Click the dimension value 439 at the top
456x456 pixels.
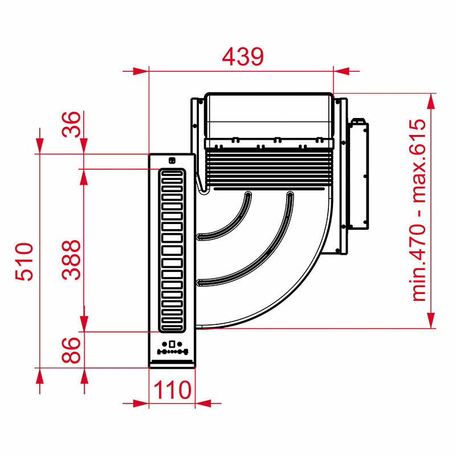243,56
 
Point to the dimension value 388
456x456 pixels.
72,259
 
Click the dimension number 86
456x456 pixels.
72,349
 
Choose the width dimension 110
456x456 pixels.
172,390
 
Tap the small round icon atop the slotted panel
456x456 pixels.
172,160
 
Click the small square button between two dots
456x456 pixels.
172,344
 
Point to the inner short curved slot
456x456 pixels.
228,219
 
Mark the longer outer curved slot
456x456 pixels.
256,256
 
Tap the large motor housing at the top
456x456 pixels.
268,117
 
